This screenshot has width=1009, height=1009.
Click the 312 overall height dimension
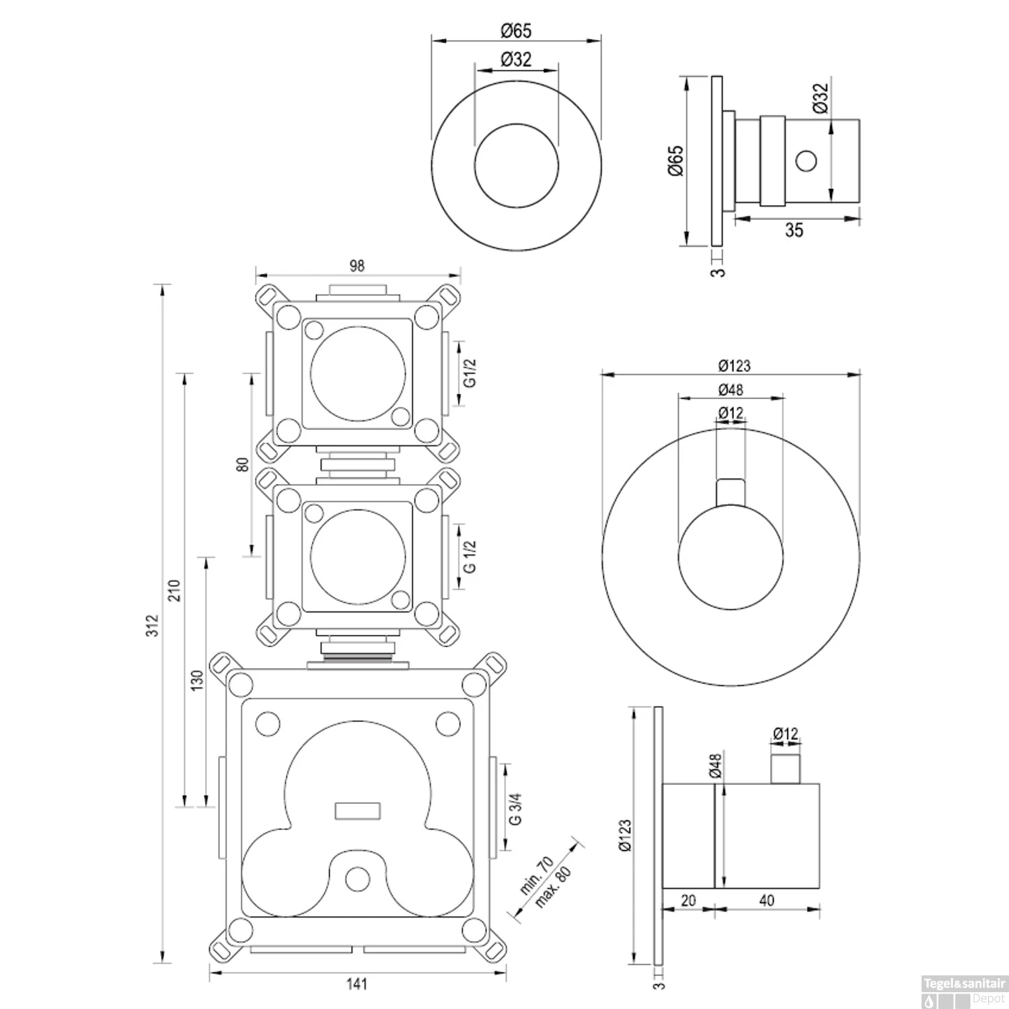153,625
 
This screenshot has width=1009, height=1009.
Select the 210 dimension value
175,590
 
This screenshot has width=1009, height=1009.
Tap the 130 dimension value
197,681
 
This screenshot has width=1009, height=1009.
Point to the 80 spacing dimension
243,463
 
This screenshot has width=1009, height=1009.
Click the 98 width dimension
357,266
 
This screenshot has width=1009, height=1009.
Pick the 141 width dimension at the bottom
357,984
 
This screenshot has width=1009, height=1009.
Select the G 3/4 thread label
516,808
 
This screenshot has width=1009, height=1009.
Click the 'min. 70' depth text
536,874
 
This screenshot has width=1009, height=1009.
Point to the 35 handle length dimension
794,230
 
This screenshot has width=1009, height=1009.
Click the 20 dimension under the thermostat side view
688,900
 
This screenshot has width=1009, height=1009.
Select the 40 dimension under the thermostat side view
767,900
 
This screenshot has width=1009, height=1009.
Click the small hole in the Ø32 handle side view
805,161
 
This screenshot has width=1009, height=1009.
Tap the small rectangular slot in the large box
357,811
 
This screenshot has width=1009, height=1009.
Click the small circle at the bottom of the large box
357,878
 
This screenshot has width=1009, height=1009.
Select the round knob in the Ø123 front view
731,558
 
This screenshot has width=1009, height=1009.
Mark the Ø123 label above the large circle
734,366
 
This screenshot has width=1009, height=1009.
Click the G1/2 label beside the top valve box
471,373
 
